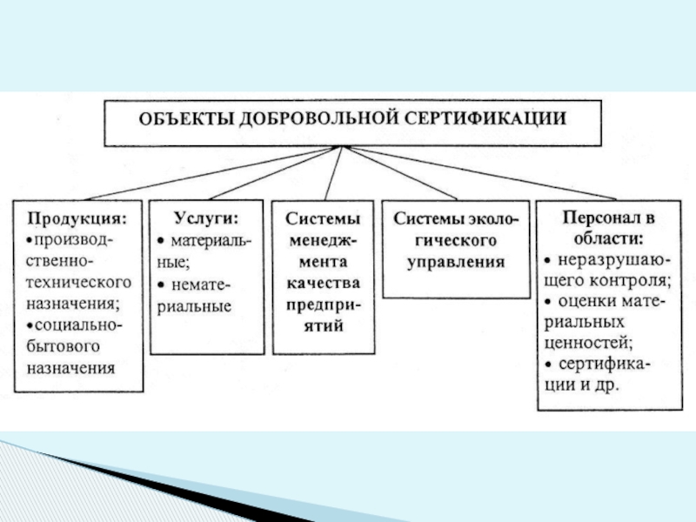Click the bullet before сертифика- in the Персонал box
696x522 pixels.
[546, 365]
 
